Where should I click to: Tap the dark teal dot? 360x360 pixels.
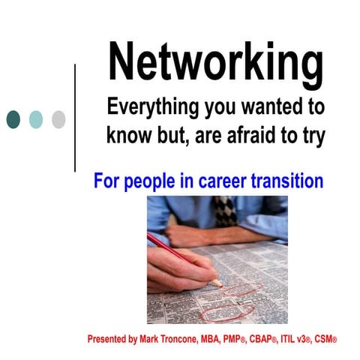click(13, 118)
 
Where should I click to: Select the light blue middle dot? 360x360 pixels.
click(35, 118)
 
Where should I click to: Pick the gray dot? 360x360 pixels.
click(58, 118)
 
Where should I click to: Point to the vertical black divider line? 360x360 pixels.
click(76, 118)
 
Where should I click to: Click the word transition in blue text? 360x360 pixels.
click(288, 181)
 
